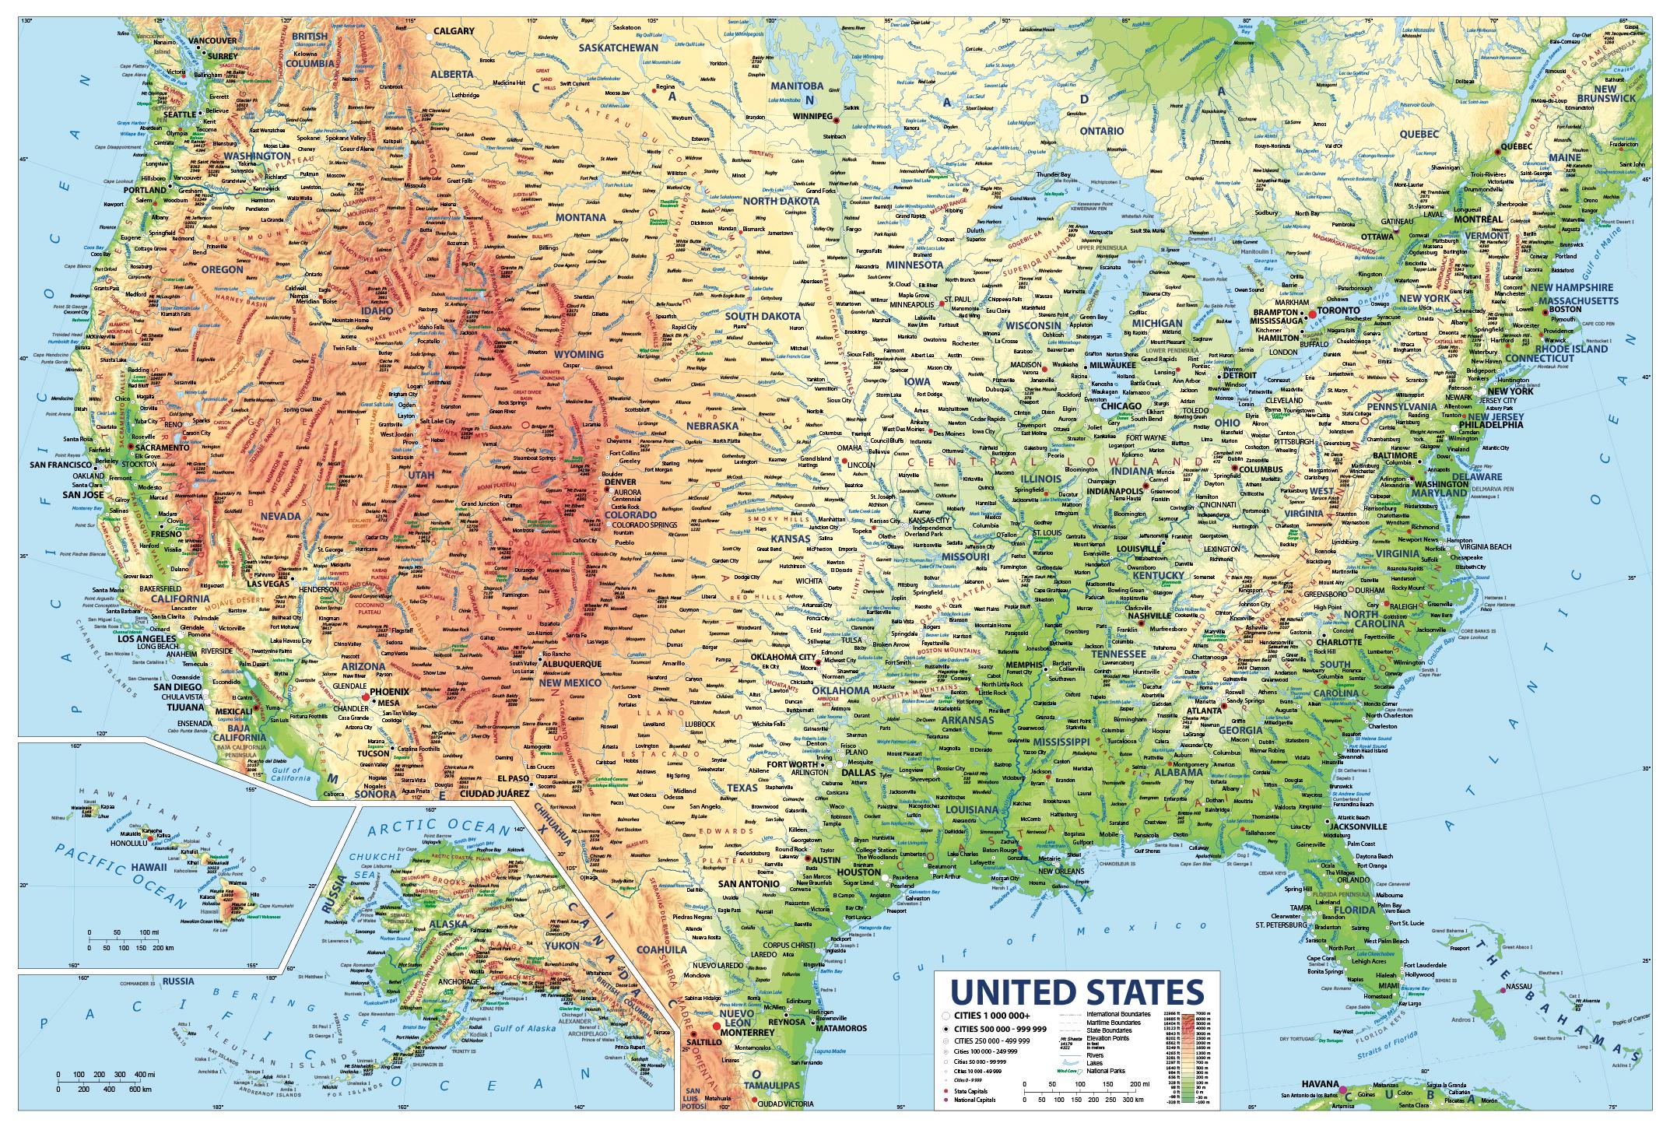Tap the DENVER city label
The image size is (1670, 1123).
click(x=620, y=483)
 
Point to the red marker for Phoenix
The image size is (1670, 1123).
click(x=365, y=697)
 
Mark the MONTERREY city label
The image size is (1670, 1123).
click(x=747, y=1032)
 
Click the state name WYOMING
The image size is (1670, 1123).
click(x=578, y=354)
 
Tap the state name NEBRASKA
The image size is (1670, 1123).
click(x=711, y=426)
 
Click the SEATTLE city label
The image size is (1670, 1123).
click(x=179, y=114)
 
